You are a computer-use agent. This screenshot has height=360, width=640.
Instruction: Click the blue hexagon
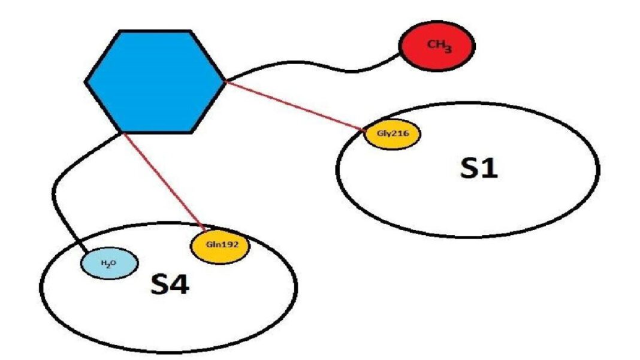pyautogui.click(x=155, y=80)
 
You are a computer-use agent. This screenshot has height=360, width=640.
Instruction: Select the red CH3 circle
pyautogui.click(x=437, y=47)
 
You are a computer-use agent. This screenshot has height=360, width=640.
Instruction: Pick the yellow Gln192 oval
pyautogui.click(x=219, y=246)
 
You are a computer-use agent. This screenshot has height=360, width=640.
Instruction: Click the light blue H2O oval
pyautogui.click(x=110, y=264)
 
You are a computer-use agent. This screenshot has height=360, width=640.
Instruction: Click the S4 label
pyautogui.click(x=170, y=286)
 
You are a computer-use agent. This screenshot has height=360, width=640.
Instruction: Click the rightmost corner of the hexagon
pyautogui.click(x=225, y=80)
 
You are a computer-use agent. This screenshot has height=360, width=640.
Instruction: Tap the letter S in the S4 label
pyautogui.click(x=159, y=286)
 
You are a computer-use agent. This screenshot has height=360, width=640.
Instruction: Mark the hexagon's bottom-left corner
pyautogui.click(x=121, y=131)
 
